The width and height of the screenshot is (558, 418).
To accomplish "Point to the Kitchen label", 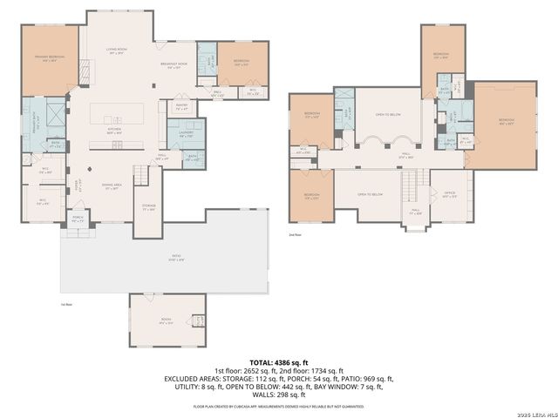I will [113, 131].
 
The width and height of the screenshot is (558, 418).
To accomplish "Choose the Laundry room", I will [186, 135].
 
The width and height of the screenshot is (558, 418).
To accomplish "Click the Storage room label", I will [148, 208].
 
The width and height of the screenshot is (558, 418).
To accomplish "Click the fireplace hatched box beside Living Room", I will [84, 71].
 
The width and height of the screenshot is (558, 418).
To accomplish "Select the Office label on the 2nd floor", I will [450, 194].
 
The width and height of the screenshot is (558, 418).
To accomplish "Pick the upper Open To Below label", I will [388, 114].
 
